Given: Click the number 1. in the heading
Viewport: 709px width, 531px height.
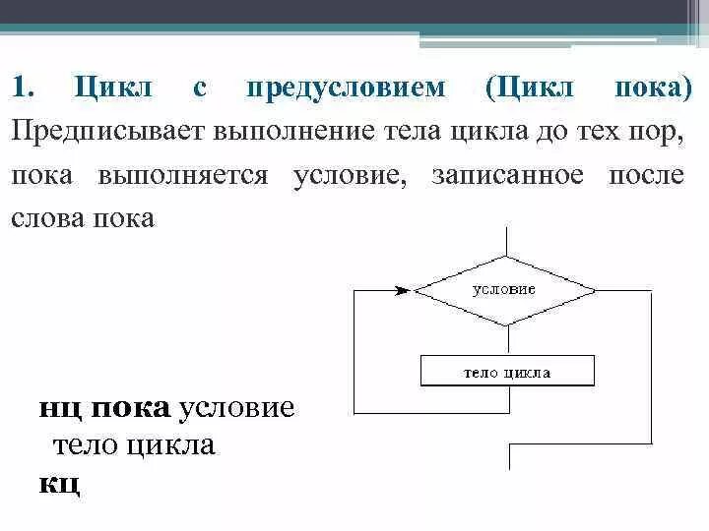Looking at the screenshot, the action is pyautogui.click(x=24, y=89).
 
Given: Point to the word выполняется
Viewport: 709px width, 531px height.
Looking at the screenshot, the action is pyautogui.click(x=182, y=175).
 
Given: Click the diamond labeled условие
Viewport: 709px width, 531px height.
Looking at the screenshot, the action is pyautogui.click(x=504, y=290).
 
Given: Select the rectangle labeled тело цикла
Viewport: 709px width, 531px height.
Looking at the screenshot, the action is pyautogui.click(x=506, y=371).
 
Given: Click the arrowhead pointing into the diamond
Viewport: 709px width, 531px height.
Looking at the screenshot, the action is pyautogui.click(x=402, y=290).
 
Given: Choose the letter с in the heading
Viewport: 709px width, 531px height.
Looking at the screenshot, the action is pyautogui.click(x=199, y=89).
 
